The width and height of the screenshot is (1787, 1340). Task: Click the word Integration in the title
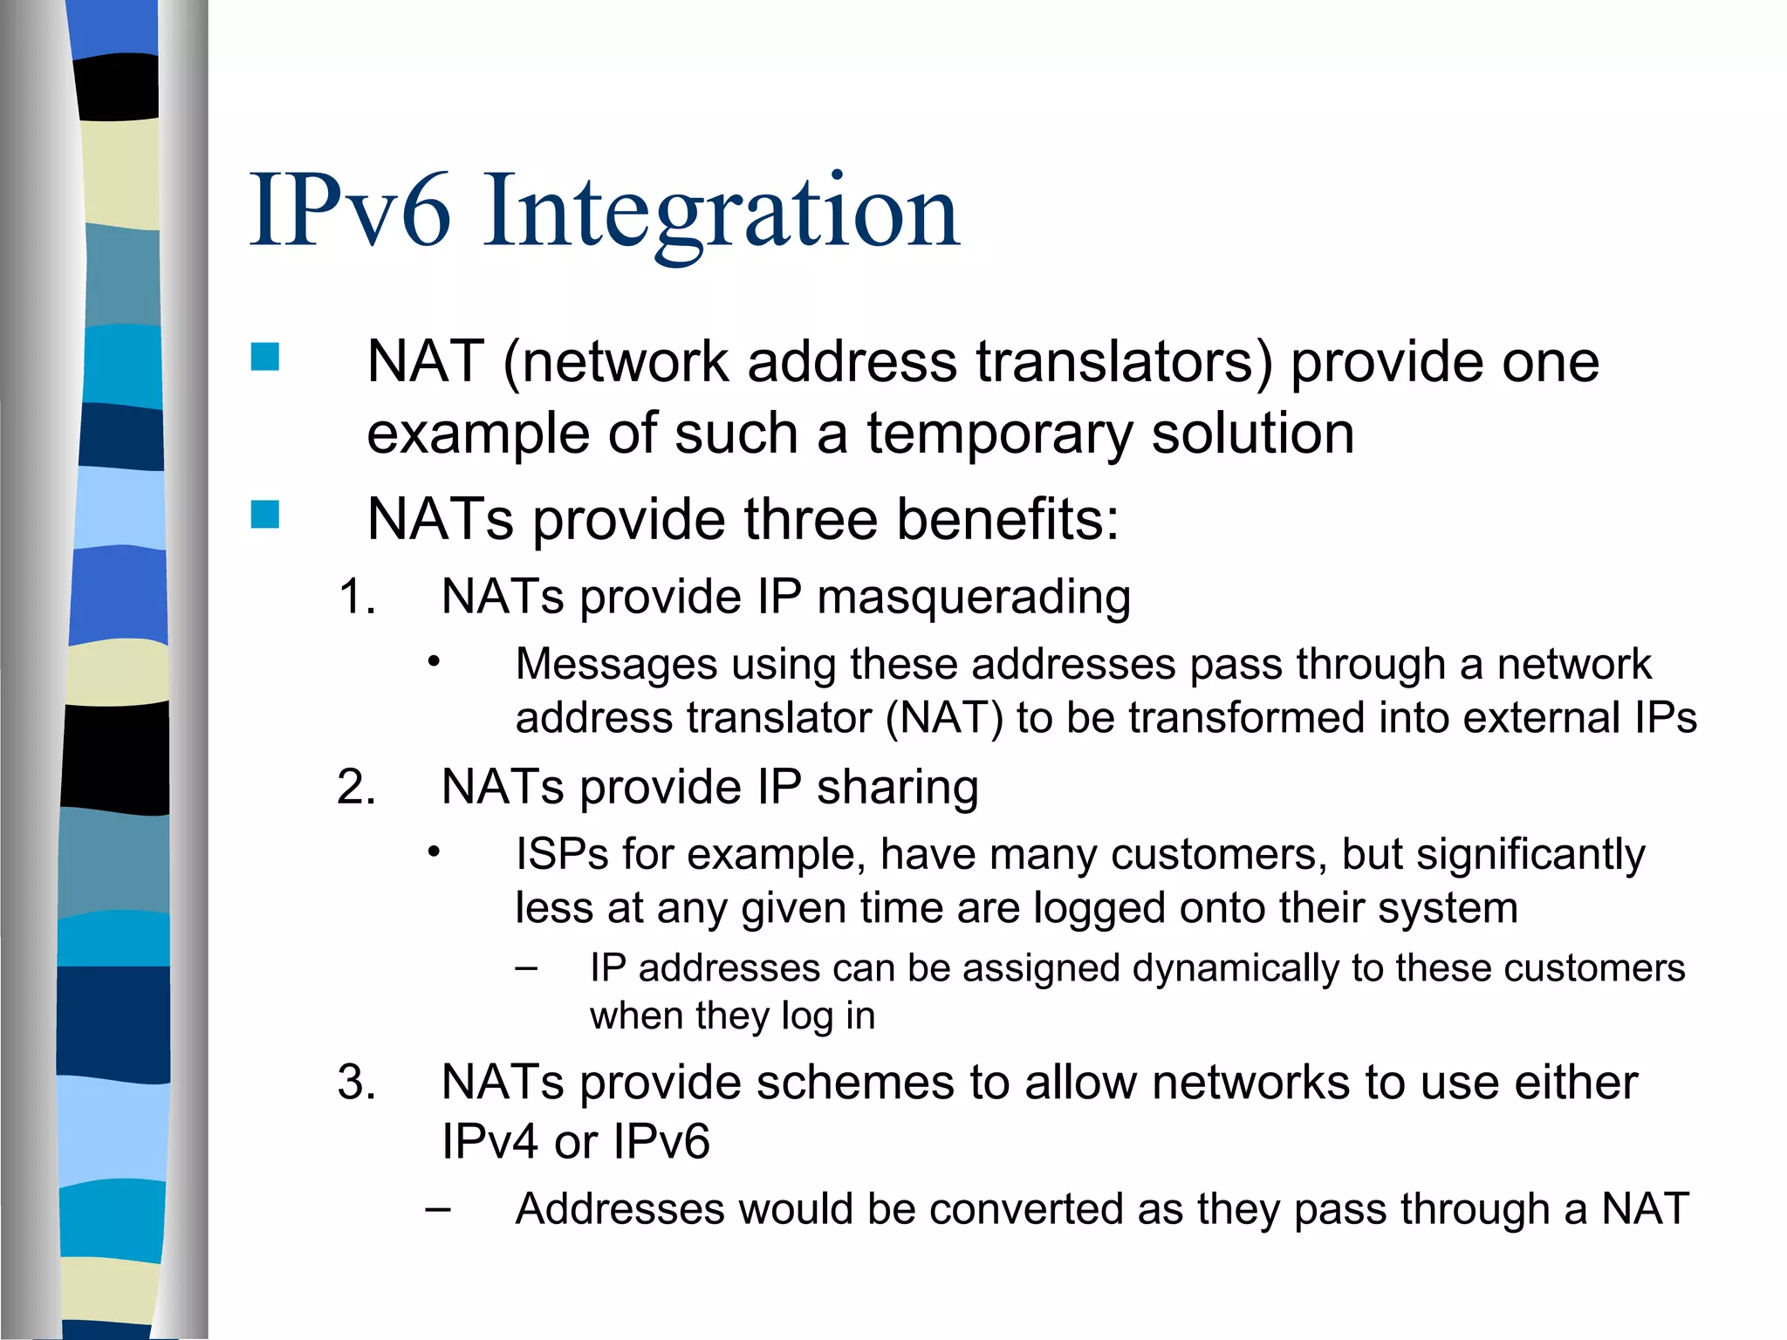(722, 212)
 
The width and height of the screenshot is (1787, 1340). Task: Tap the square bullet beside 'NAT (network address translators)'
(265, 357)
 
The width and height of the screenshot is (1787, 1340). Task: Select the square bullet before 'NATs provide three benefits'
(265, 514)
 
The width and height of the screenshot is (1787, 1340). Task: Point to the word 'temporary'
(999, 434)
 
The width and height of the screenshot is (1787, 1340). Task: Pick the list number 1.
(356, 598)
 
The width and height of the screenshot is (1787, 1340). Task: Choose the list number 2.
(356, 787)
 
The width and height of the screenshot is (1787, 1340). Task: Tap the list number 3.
(356, 1083)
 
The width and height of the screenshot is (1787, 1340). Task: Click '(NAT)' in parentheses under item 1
(944, 718)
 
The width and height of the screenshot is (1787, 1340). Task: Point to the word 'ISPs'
(561, 854)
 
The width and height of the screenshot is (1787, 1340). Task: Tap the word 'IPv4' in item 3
(490, 1142)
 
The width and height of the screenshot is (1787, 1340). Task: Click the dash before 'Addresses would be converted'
(438, 1209)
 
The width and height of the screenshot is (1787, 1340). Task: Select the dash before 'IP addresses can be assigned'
(525, 967)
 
